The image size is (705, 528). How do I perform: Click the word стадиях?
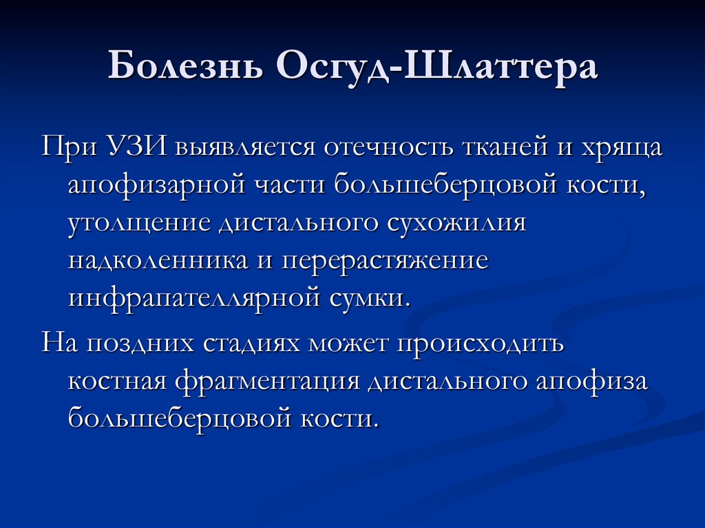(x=253, y=343)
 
